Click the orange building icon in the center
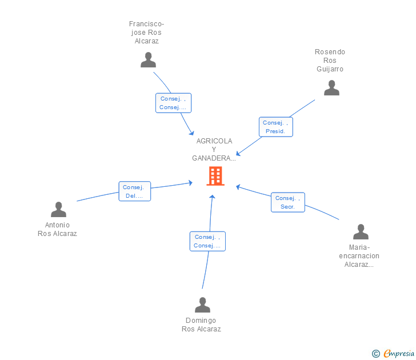215,176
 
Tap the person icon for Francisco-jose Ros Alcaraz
148,60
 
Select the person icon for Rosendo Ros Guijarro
331,88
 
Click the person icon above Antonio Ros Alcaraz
58,210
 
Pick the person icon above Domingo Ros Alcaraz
202,305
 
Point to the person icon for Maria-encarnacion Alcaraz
361,232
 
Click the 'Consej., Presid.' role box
276,127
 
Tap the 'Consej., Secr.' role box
287,202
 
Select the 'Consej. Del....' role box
135,191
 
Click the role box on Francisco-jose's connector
173,103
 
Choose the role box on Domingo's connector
207,241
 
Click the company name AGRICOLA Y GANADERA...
214,149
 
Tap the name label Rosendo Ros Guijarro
330,61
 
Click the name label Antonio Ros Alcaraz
57,229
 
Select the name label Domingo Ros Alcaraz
201,325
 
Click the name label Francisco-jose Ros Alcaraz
146,33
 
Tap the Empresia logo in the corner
398,354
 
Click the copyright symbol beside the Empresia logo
375,354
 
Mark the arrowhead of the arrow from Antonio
190,183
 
